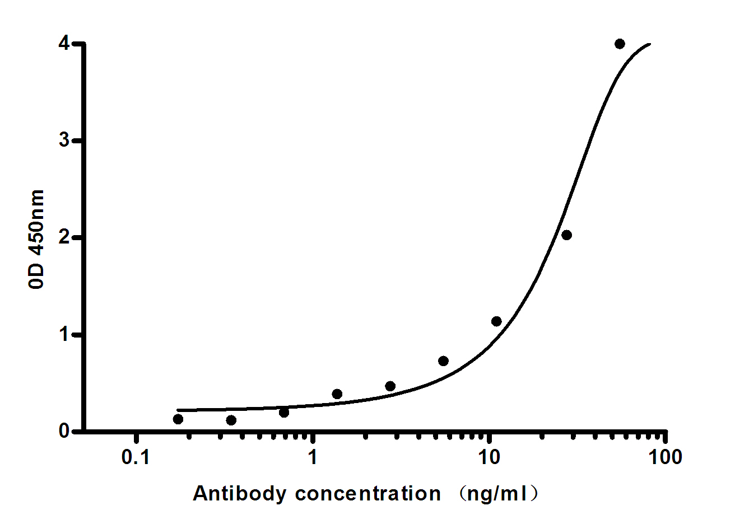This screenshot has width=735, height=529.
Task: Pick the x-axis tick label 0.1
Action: pyautogui.click(x=136, y=458)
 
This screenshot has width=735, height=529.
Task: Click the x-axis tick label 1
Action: pyautogui.click(x=313, y=458)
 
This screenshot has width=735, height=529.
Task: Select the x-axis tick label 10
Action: pyautogui.click(x=489, y=458)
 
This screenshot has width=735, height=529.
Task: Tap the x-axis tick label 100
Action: pyautogui.click(x=665, y=458)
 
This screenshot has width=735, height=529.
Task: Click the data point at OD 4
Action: pyautogui.click(x=620, y=44)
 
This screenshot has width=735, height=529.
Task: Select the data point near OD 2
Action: pyautogui.click(x=566, y=235)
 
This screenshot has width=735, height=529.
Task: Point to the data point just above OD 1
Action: pyautogui.click(x=496, y=321)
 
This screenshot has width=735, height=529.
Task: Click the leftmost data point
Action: pyautogui.click(x=178, y=419)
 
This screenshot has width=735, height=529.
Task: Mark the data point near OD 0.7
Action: pyautogui.click(x=443, y=361)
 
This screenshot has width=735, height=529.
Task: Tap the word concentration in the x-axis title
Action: pyautogui.click(x=367, y=494)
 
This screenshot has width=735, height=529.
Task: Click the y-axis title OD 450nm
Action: pyautogui.click(x=37, y=239)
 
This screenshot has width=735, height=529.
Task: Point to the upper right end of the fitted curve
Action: pyautogui.click(x=650, y=43)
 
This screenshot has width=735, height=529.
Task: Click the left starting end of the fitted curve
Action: pyautogui.click(x=178, y=410)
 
